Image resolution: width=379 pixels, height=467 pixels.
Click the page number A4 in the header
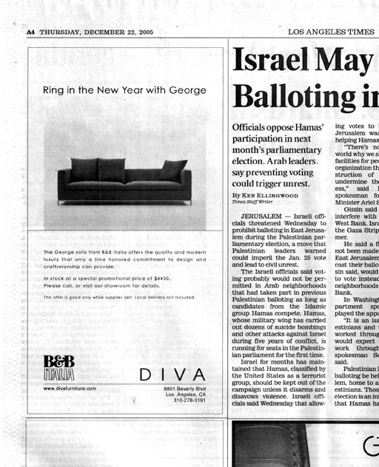tap(30, 33)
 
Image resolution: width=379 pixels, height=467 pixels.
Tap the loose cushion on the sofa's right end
tap(172, 169)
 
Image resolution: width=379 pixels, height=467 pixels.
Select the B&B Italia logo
tap(59, 367)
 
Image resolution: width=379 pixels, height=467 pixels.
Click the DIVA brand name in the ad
tap(172, 375)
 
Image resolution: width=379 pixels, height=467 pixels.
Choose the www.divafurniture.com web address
tap(71, 388)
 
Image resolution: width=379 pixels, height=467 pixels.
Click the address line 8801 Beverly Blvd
tap(184, 389)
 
